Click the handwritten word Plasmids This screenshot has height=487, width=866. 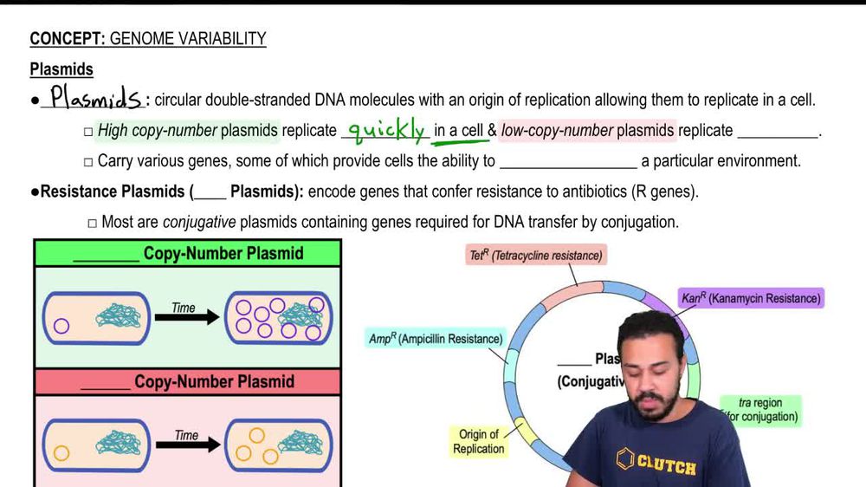pyautogui.click(x=95, y=97)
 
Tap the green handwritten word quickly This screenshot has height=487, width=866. pyautogui.click(x=386, y=130)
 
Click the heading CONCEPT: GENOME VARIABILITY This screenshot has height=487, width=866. pyautogui.click(x=147, y=39)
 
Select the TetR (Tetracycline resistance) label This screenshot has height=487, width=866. pyautogui.click(x=535, y=256)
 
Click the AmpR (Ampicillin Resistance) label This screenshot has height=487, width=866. pyautogui.click(x=436, y=339)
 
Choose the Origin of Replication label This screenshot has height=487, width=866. pyautogui.click(x=478, y=441)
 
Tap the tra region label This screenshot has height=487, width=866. pyautogui.click(x=760, y=410)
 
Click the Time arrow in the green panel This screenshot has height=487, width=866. pyautogui.click(x=186, y=317)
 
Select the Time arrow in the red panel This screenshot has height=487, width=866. pyautogui.click(x=186, y=445)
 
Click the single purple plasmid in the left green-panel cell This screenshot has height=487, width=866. pyautogui.click(x=61, y=327)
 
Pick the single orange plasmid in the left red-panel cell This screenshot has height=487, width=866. pyautogui.click(x=61, y=452)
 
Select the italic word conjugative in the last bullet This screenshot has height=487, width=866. pyautogui.click(x=199, y=222)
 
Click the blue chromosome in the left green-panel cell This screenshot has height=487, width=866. pyautogui.click(x=123, y=317)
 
